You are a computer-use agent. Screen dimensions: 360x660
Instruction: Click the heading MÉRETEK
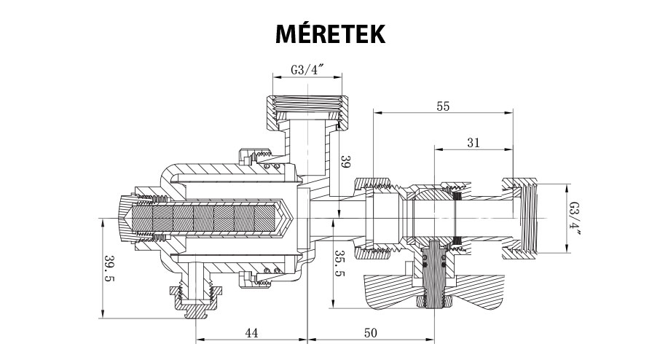click(330, 34)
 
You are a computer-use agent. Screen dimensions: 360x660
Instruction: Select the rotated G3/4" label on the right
click(575, 218)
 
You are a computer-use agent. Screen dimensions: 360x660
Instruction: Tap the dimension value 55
click(442, 106)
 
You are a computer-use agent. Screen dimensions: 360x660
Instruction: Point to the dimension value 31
click(473, 143)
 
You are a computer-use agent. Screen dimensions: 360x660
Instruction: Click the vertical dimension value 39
click(347, 163)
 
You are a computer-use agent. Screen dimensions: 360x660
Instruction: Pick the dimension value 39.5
click(110, 268)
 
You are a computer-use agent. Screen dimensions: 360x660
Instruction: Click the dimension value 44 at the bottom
click(251, 332)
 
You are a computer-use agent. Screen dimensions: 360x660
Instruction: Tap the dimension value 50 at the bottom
click(369, 332)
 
